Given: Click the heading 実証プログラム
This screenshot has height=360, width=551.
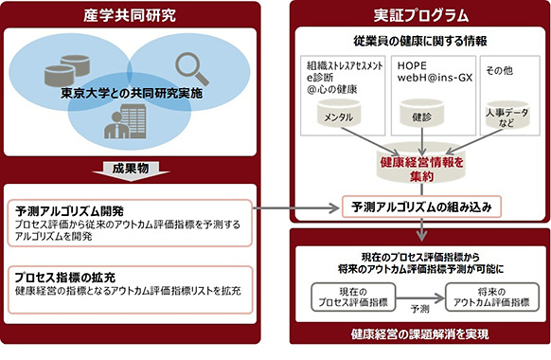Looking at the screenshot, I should pyautogui.click(x=419, y=15).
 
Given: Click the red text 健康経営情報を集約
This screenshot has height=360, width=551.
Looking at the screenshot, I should pyautogui.click(x=419, y=169).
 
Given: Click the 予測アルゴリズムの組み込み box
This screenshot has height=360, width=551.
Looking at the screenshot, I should pyautogui.click(x=419, y=205).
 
